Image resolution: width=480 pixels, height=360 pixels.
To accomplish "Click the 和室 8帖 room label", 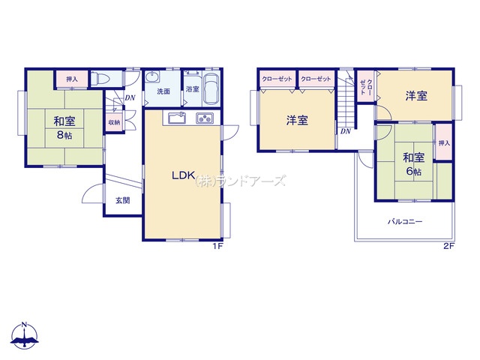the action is point(64,127).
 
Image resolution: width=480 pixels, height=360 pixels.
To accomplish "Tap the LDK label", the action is point(183,175).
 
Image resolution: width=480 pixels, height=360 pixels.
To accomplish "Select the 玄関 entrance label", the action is point(123,200).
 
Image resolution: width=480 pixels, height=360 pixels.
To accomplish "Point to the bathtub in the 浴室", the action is point(211,89).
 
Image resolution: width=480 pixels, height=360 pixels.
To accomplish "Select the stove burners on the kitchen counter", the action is point(205,118).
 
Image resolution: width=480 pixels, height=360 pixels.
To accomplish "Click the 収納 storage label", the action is point(115,122).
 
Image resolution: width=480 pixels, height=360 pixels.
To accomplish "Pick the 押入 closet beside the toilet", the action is point(72,79).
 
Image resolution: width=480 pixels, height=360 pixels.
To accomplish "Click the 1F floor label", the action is point(217,246).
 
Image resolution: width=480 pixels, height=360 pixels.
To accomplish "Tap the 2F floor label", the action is point(448,246).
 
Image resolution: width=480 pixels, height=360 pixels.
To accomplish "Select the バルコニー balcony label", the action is point(405,221).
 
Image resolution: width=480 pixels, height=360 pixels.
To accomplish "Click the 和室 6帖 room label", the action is point(413,164).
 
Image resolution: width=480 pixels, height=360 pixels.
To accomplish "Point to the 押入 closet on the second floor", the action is point(444,142).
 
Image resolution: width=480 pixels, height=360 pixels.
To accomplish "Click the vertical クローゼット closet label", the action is point(366,87).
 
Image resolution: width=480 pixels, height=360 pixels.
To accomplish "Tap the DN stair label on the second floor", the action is point(346,131).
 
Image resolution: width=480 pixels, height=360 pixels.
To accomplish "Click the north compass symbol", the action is point(25,336).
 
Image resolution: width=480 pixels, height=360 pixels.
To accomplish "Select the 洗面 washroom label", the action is point(163,91).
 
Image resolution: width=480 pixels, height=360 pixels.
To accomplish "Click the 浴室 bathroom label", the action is point(193,89).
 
